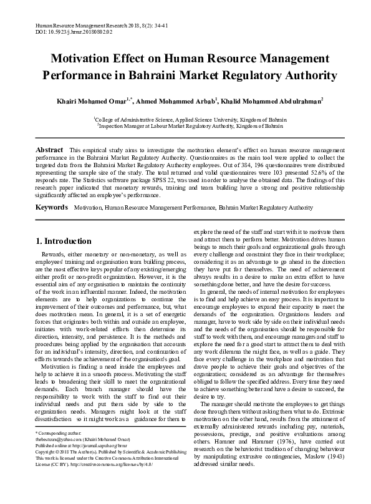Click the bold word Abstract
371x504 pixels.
[x=49, y=150]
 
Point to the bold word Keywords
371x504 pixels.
[x=52, y=190]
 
